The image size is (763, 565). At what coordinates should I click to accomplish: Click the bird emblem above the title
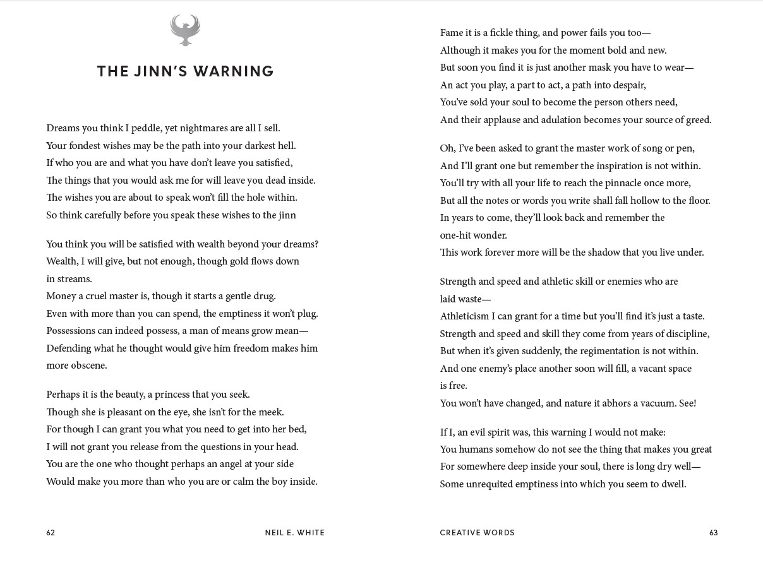click(x=185, y=30)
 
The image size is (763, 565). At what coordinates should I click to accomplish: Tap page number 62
click(x=51, y=533)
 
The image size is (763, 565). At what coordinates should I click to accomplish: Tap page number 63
click(x=714, y=533)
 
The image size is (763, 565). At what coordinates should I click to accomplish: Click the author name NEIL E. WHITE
click(x=295, y=533)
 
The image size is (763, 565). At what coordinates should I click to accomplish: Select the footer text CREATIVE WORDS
click(x=478, y=533)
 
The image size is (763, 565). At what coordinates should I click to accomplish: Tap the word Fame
click(x=452, y=33)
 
